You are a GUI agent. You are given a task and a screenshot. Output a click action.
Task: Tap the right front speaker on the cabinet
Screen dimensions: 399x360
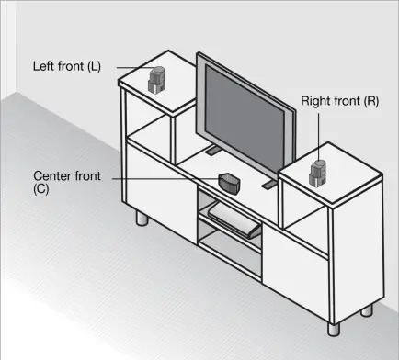[x=318, y=171]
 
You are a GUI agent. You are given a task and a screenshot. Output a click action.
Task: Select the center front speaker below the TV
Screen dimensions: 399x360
[x=229, y=181]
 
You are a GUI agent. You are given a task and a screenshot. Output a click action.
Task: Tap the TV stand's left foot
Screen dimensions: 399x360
[x=211, y=149]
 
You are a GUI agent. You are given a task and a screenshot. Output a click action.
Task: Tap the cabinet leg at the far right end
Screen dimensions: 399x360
[x=367, y=309]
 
